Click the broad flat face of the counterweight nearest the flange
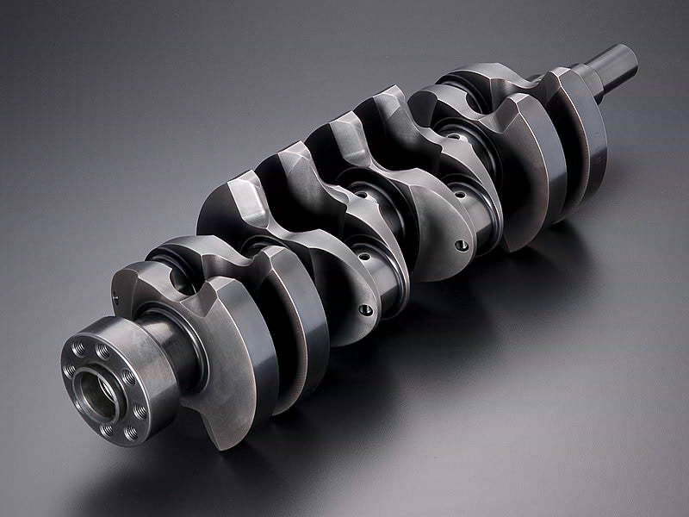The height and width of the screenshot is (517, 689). point(233,362)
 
